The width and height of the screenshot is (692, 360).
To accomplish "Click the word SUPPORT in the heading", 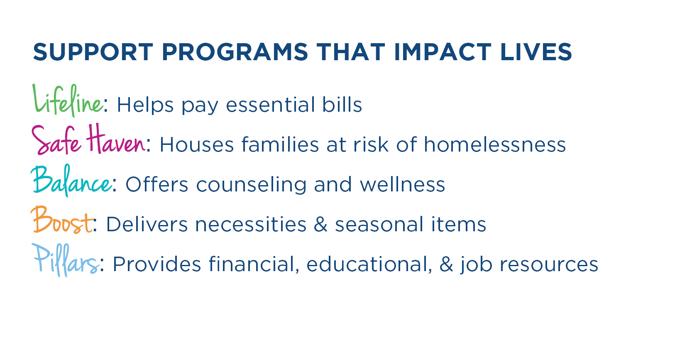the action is [93, 52].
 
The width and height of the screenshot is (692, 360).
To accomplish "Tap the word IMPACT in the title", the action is [443, 52].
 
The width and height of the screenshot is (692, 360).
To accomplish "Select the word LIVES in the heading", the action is [536, 52].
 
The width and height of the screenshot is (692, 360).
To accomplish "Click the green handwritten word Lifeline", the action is [68, 100].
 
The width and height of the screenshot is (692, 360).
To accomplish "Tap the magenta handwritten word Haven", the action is [115, 139].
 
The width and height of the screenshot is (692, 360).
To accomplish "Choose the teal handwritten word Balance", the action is [71, 181].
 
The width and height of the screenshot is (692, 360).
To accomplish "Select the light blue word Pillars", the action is [66, 260].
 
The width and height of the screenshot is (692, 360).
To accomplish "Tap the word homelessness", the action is [494, 144].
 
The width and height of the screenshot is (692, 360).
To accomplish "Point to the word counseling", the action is [251, 185].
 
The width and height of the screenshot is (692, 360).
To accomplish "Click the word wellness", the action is [402, 184].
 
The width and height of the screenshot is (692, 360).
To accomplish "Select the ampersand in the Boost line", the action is [320, 224].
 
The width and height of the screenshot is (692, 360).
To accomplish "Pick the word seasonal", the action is [379, 224].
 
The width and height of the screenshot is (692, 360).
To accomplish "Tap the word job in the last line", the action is [476, 265].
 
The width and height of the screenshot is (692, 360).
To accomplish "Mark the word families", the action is [280, 144].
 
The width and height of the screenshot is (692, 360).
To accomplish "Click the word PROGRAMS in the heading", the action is [235, 52].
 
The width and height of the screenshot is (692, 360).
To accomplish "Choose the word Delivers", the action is [147, 224].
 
